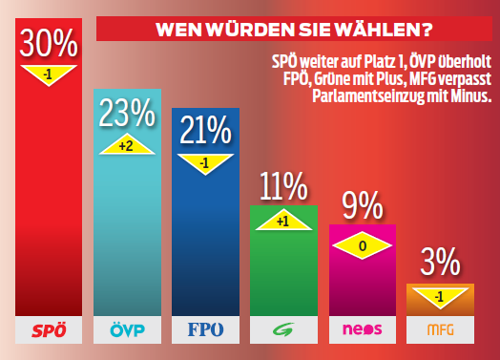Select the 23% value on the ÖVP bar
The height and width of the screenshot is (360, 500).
(x=127, y=113)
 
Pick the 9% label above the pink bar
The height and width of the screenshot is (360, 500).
(x=362, y=205)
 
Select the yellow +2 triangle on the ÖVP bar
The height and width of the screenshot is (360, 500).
(x=127, y=143)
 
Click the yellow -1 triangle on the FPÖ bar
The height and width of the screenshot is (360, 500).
(x=206, y=162)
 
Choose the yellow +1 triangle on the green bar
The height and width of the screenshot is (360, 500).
(x=282, y=220)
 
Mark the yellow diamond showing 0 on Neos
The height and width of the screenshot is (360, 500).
(x=362, y=244)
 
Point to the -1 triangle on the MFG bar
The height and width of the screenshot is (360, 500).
(x=440, y=297)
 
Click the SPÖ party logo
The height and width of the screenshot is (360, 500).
(x=49, y=331)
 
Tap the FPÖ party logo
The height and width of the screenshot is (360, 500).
(x=206, y=331)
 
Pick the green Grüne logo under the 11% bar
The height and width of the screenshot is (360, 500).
(x=283, y=331)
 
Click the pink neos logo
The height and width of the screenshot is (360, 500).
(x=362, y=331)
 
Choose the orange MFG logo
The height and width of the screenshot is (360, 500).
(x=440, y=331)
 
